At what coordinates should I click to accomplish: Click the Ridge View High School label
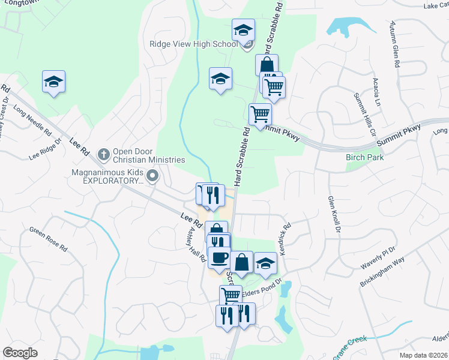194,44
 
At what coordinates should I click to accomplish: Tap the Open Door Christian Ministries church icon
104,154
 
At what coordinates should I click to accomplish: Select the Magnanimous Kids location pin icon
152,176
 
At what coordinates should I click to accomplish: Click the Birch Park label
364,157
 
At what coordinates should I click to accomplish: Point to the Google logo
20,353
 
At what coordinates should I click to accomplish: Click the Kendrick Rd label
284,237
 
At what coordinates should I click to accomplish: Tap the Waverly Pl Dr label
378,253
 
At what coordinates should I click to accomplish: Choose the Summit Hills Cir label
364,114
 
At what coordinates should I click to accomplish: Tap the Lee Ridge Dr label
46,150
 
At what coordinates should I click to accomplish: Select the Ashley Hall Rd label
197,245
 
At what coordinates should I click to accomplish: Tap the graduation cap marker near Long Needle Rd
53,82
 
